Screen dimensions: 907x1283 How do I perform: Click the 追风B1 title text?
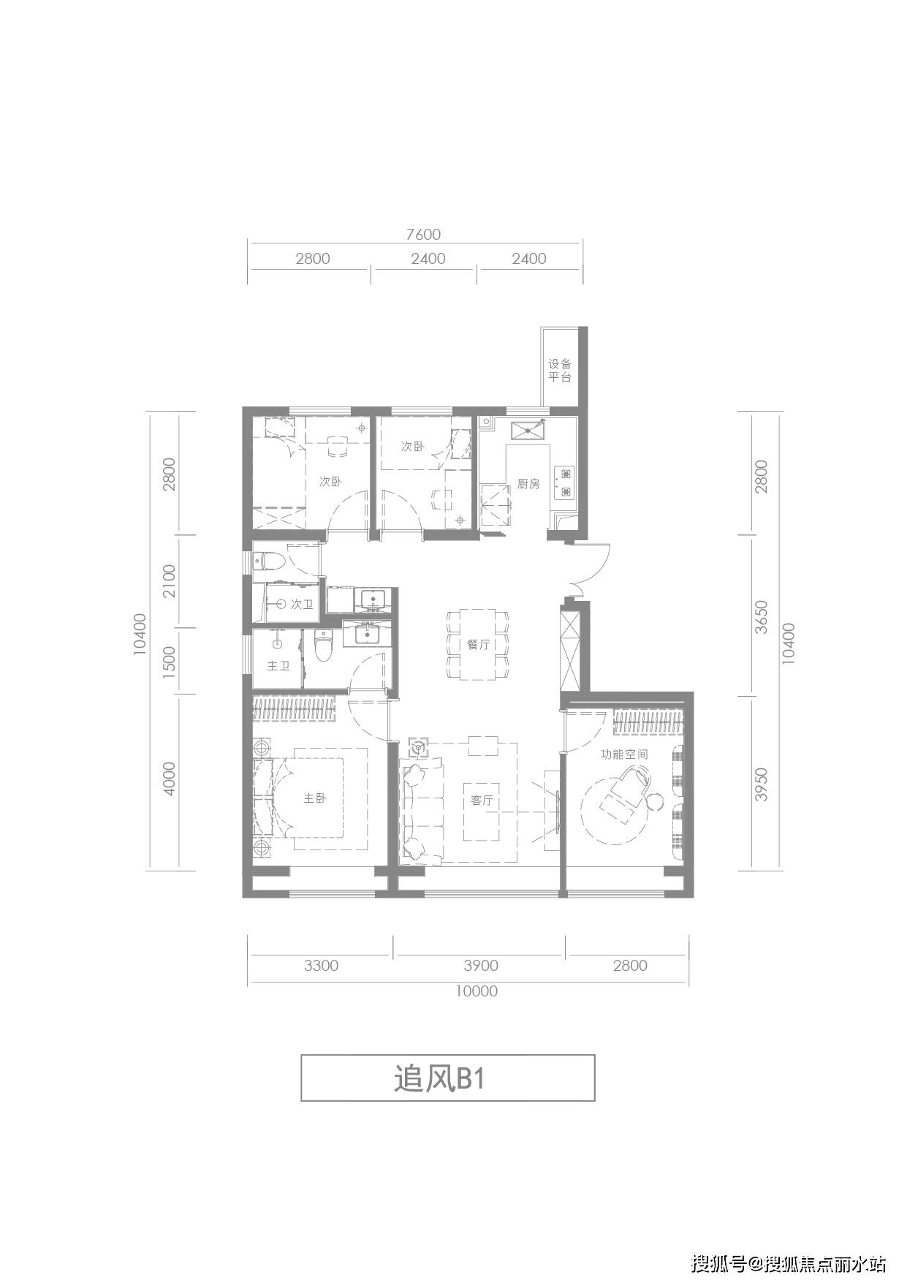[439, 1078]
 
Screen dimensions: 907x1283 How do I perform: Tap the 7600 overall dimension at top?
[424, 235]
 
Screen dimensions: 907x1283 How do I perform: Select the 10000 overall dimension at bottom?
[477, 991]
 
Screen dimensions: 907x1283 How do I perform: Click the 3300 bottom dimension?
[321, 965]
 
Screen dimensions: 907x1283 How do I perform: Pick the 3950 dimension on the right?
[761, 784]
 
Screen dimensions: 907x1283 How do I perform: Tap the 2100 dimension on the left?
[170, 580]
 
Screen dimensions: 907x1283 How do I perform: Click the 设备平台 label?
[560, 371]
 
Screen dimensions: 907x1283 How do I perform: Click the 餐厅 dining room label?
[478, 645]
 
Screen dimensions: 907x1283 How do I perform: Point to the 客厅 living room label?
[482, 801]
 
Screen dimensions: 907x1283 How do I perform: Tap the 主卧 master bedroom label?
[314, 798]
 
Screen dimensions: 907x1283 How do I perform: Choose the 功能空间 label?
[624, 754]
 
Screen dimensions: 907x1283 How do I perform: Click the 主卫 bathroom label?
[278, 667]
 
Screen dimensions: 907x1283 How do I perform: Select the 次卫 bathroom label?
[302, 605]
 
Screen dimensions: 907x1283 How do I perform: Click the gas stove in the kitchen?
[565, 482]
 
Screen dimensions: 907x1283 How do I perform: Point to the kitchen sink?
[528, 429]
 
